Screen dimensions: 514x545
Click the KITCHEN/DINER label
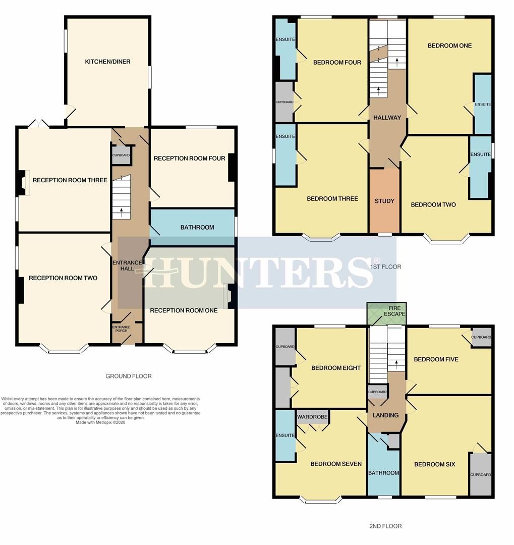pos(108,62)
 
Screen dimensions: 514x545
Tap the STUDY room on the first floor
pos(384,200)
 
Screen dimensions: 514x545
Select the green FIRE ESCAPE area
pos(387,314)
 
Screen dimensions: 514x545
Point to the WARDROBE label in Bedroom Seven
pos(312,417)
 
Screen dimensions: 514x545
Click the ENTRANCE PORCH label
pos(121,329)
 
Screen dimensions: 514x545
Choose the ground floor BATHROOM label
pos(197,227)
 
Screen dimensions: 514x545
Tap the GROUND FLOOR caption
pos(129,376)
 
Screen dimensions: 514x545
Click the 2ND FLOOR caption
pos(385,526)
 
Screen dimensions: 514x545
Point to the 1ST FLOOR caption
pos(386,267)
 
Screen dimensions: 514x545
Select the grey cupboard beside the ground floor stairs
pos(121,155)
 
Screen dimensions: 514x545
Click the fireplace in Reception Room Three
pos(24,183)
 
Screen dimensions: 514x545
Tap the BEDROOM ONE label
pos(450,45)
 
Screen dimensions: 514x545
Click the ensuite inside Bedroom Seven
pos(285,435)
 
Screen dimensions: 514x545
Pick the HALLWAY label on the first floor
pos(387,118)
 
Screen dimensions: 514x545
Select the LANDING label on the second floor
pos(386,415)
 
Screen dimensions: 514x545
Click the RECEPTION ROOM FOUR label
pos(189,158)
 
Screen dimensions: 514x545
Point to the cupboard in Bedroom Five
pos(481,337)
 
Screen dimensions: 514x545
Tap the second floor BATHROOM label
pos(384,473)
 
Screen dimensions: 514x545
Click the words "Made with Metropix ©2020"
pos(100,423)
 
